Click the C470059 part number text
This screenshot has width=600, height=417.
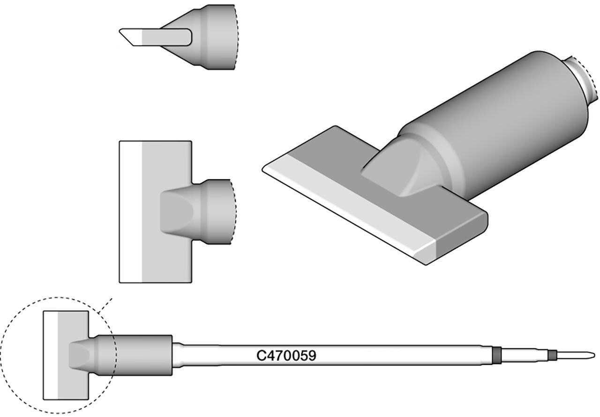286,356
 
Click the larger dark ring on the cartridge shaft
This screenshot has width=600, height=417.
496,355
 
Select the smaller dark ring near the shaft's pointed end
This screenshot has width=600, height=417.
552,355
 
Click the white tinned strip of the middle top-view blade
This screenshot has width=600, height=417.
131,212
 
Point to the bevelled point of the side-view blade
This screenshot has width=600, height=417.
120,31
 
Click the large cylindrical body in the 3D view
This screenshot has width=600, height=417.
495,123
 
